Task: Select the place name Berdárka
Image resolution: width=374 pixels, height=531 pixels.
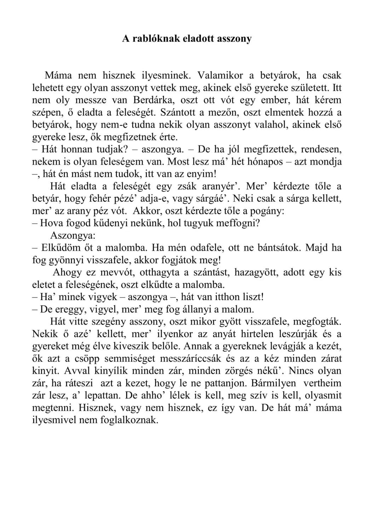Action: click(153, 100)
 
